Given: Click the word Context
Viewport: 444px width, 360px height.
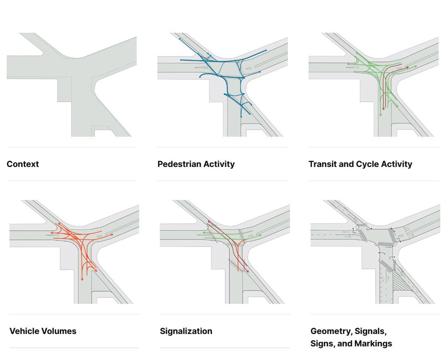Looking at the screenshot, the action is click(23, 164).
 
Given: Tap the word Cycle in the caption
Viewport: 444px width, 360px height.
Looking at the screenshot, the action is click(367, 164).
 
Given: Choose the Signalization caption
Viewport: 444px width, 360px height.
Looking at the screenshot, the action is click(186, 331).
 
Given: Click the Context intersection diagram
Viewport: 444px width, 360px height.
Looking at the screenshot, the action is click(72, 85).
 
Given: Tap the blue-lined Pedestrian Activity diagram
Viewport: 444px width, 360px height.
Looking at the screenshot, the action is click(222, 85).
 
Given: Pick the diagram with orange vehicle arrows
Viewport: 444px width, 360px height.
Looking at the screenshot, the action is click(74, 252).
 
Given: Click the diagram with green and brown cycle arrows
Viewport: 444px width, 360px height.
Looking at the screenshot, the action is click(373, 85).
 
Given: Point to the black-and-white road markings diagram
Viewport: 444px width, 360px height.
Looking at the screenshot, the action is click(375, 252).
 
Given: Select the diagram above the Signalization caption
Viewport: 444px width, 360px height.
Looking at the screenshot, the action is click(224, 252).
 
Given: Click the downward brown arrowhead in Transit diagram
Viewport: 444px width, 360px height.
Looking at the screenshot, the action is click(384, 109).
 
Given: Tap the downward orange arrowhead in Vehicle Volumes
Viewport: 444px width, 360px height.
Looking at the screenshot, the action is click(82, 279).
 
